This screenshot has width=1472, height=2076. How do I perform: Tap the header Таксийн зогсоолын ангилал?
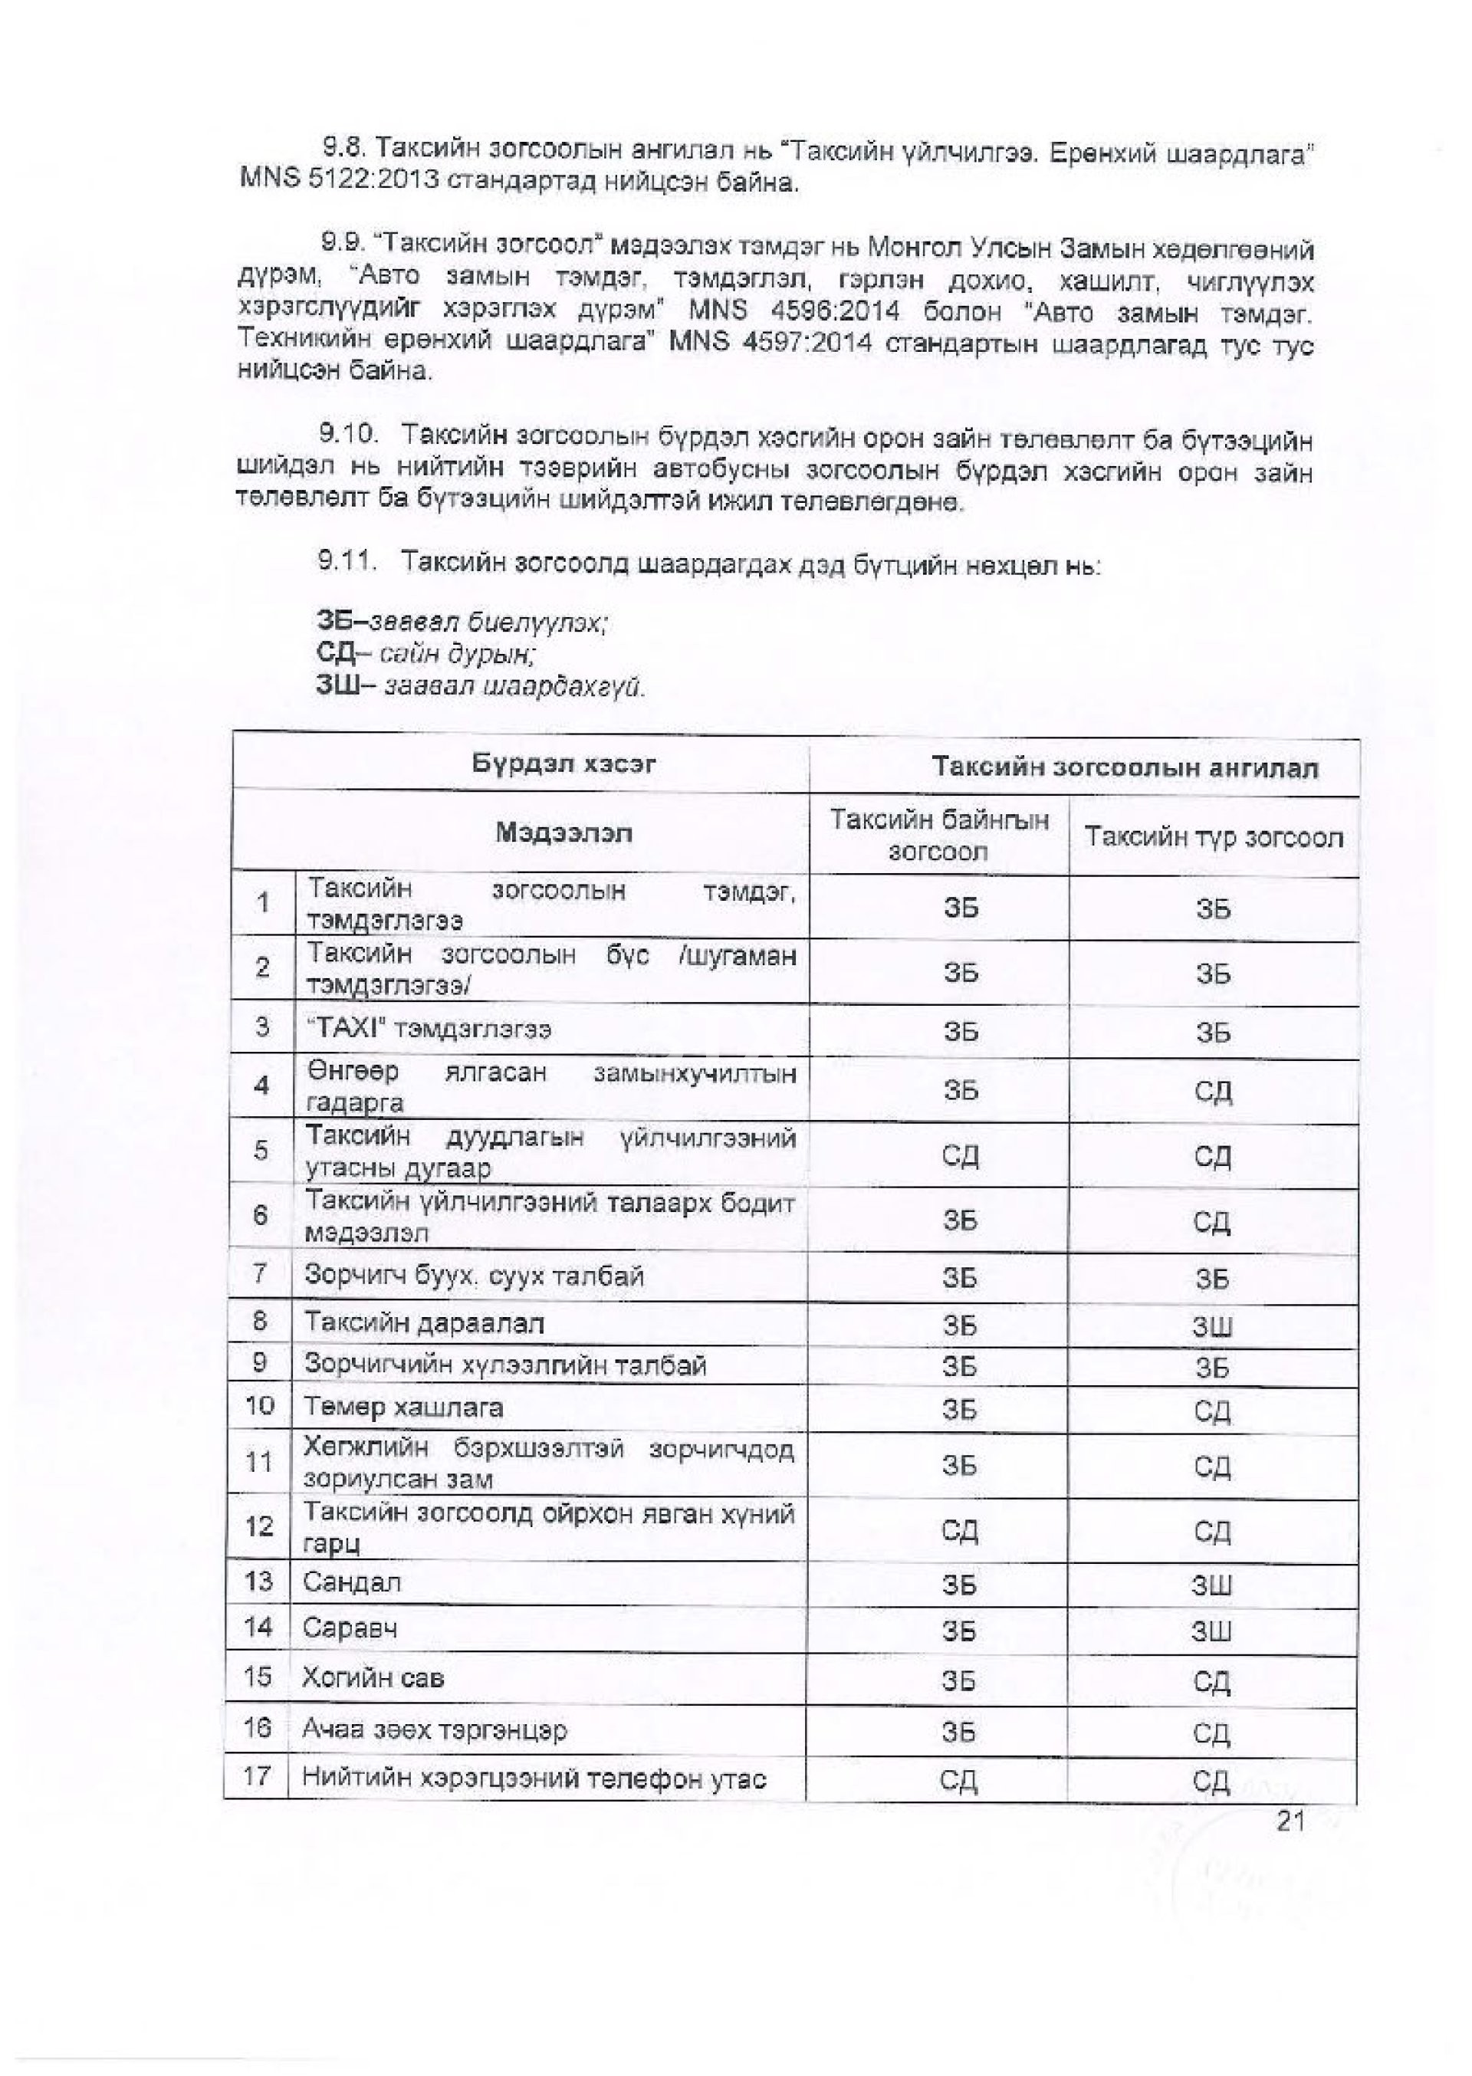click(1125, 768)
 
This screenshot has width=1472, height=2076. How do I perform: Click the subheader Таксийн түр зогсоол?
click(1214, 836)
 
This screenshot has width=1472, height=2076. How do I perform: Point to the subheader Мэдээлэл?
click(563, 833)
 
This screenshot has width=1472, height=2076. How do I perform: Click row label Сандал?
click(352, 1582)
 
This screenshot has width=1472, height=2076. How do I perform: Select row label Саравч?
click(350, 1628)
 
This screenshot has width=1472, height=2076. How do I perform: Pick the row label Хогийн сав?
click(373, 1677)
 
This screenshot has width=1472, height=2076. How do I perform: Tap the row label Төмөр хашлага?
click(403, 1408)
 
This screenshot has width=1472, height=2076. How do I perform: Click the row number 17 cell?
click(258, 1776)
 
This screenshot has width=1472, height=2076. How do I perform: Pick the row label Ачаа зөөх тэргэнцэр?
click(434, 1729)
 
